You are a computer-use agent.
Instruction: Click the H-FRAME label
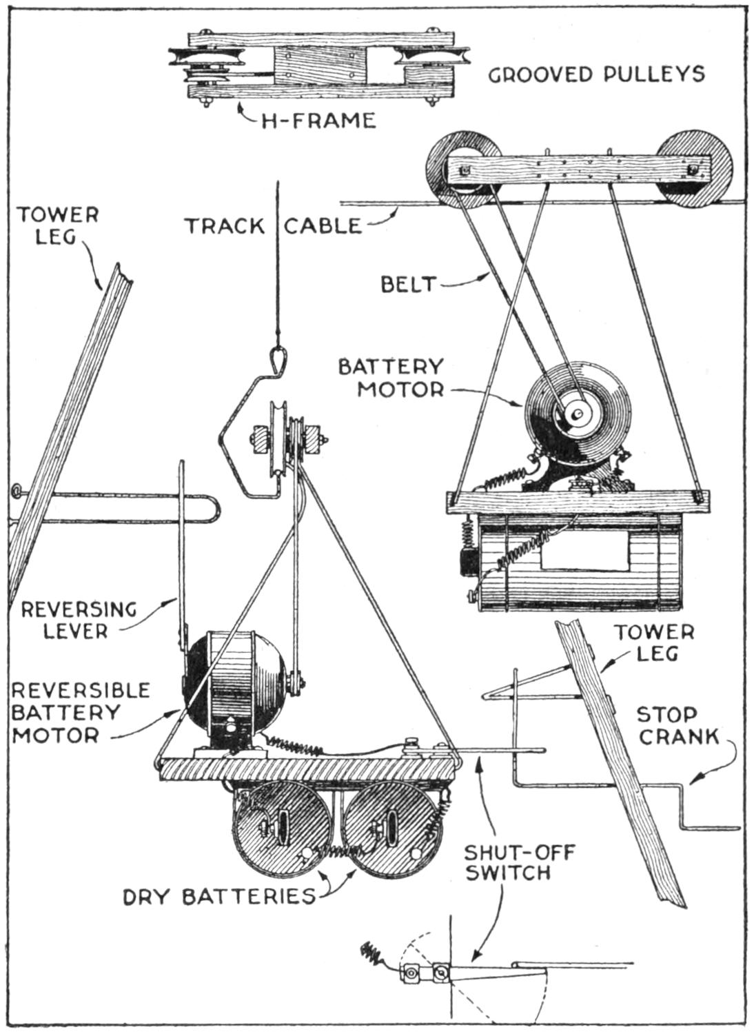coord(318,121)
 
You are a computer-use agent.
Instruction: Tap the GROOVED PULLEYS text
coord(597,74)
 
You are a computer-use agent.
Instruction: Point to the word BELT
coord(409,284)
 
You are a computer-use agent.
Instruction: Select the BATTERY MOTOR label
coord(391,377)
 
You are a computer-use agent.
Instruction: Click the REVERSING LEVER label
coord(79,620)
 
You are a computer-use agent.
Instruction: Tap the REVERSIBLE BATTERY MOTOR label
coord(81,712)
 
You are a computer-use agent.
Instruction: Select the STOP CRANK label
coord(677,726)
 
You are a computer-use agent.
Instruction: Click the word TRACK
coord(224,226)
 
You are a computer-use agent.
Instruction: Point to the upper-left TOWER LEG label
coord(58,225)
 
